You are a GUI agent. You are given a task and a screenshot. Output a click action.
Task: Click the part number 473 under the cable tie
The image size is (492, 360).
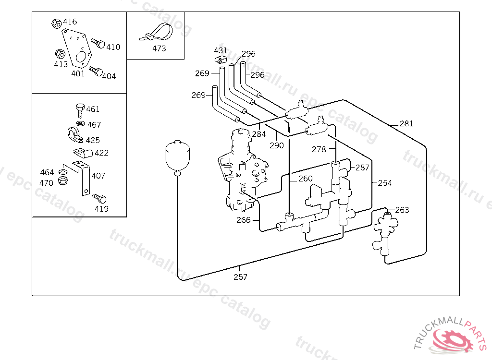(159, 48)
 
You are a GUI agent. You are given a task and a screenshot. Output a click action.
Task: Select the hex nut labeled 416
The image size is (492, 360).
(56, 23)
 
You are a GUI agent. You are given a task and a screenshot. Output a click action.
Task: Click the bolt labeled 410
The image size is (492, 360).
(98, 43)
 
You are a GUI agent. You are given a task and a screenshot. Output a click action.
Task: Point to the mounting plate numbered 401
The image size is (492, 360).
(76, 48)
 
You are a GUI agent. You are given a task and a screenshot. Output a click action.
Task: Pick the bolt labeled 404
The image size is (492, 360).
(96, 71)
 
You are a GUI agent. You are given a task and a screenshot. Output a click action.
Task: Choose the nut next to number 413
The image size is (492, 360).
(60, 54)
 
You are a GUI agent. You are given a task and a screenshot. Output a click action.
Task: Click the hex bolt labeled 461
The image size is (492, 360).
(80, 110)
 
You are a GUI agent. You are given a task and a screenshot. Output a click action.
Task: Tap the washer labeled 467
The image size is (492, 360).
(80, 123)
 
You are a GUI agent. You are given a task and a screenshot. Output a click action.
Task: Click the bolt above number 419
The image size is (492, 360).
(99, 198)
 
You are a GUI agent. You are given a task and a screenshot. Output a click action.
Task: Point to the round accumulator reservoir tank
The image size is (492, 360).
(178, 158)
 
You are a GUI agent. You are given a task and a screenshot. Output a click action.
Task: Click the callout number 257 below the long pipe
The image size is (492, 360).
(240, 277)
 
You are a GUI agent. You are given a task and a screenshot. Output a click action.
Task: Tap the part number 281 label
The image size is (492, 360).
(406, 123)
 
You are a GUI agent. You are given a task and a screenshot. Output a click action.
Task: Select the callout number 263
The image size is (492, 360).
(402, 210)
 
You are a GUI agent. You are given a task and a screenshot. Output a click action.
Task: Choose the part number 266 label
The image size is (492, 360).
(244, 220)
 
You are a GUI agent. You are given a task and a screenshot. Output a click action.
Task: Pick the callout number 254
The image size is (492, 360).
(385, 183)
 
